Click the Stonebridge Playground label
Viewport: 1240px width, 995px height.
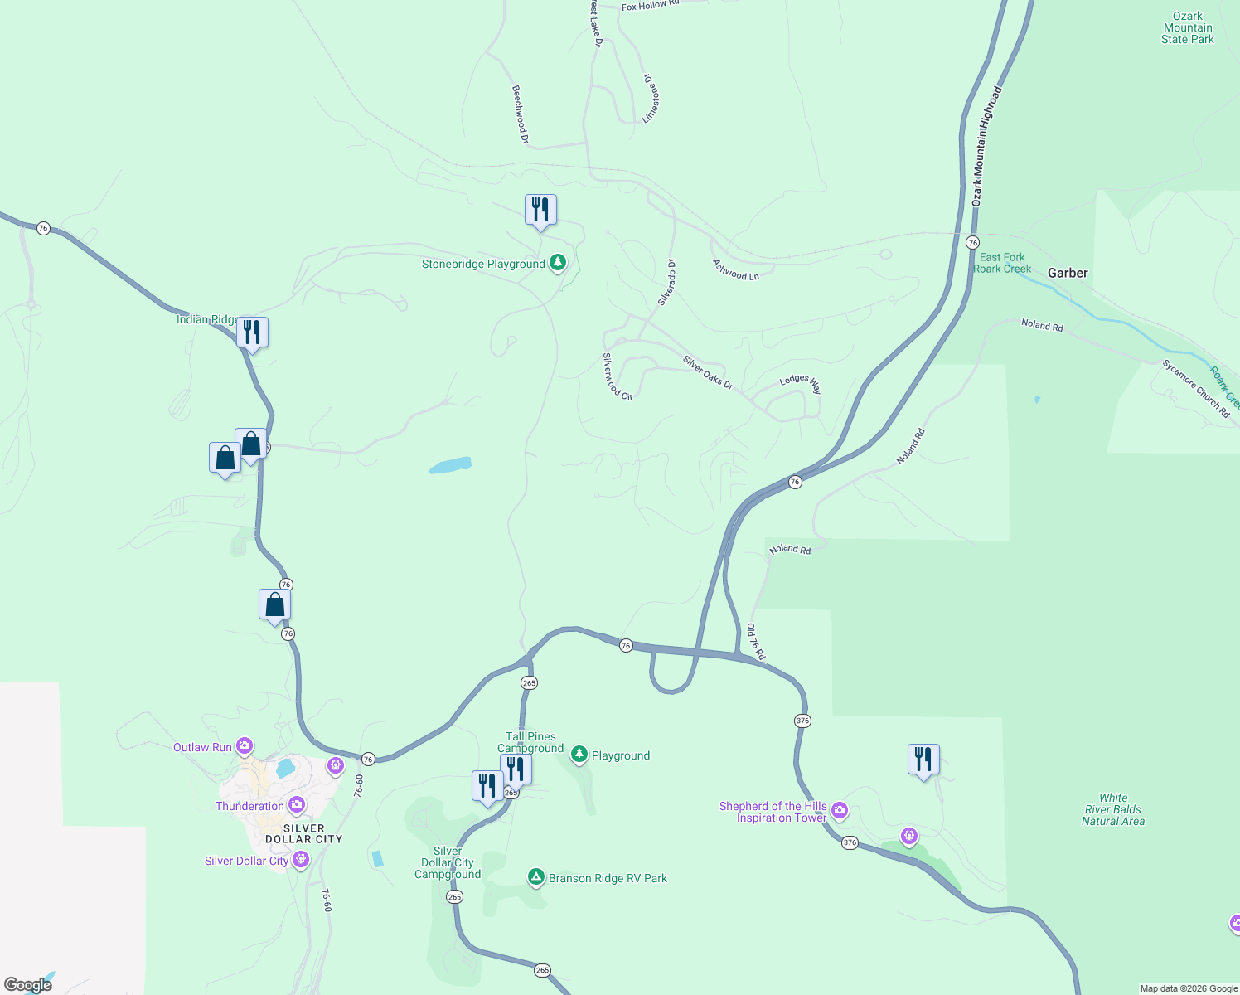pos(483,265)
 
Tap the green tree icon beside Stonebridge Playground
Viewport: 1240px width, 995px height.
pos(558,263)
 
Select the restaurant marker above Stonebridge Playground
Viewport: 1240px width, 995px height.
pos(540,211)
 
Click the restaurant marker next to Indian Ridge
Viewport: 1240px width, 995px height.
pos(252,333)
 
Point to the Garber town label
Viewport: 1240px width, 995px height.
pos(1068,273)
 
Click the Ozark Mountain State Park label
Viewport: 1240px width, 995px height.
pos(1187,27)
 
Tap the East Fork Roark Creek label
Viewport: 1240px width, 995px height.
pos(1002,263)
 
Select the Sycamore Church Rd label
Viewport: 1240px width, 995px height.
pos(1196,388)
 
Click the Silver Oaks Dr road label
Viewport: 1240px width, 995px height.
pos(708,372)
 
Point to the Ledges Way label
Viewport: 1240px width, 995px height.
pos(801,383)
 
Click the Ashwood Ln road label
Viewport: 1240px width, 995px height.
pos(736,270)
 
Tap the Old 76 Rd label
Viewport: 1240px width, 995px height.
pos(756,642)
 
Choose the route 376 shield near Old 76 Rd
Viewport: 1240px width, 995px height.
pos(802,721)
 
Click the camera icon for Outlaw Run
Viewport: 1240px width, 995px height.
pos(245,746)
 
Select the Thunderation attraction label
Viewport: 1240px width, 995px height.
pos(249,806)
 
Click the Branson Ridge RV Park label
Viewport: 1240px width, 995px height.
pos(608,878)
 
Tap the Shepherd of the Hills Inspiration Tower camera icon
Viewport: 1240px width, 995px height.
pos(840,810)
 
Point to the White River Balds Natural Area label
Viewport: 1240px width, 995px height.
pos(1113,809)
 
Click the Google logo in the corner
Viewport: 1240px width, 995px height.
pos(28,985)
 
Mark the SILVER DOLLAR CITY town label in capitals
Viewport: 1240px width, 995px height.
pos(303,833)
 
